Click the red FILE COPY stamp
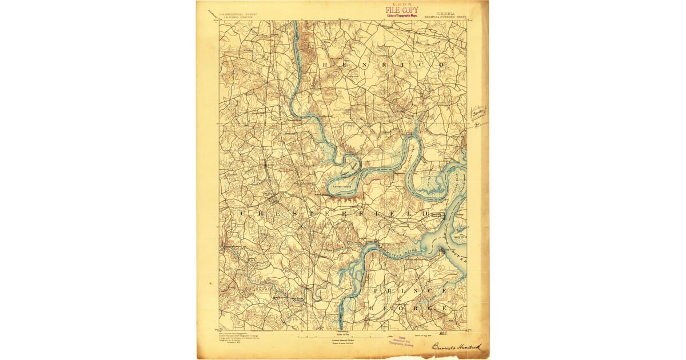[x=401, y=10]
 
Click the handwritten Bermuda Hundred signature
[x=456, y=346]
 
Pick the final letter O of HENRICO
[x=441, y=65]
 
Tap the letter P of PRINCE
[x=375, y=290]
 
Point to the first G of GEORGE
[x=372, y=308]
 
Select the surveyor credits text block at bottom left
[x=240, y=337]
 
